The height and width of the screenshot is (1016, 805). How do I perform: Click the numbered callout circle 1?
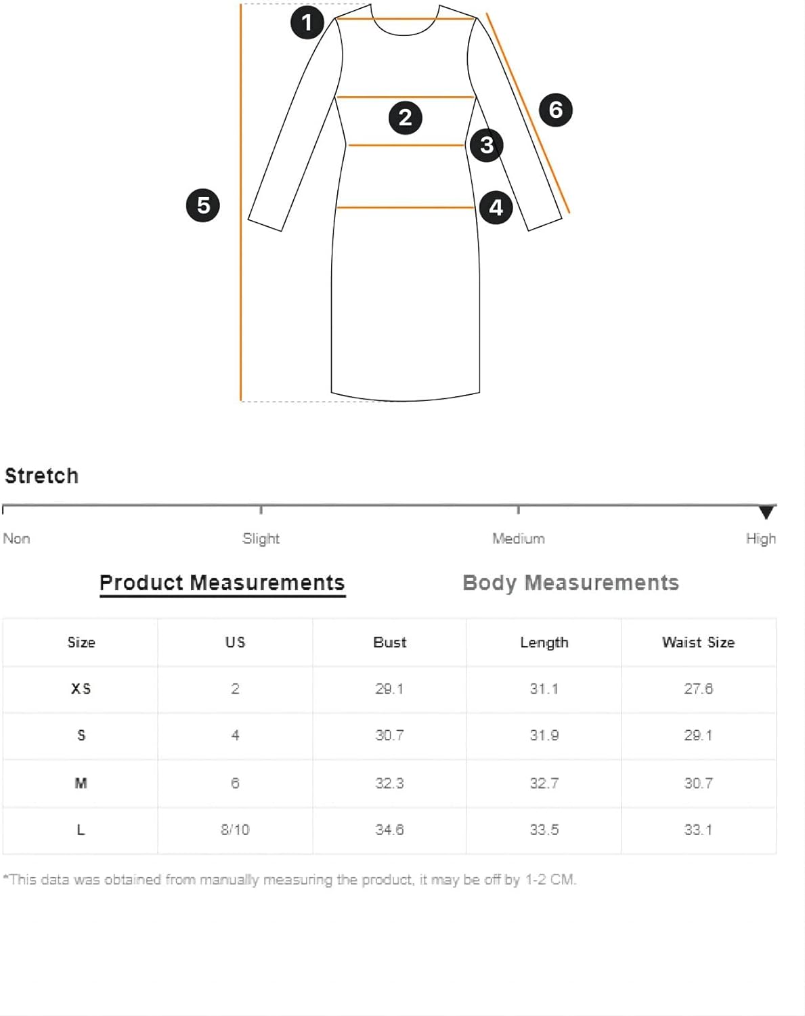click(x=307, y=22)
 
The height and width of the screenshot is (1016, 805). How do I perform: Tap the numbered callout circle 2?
click(x=406, y=118)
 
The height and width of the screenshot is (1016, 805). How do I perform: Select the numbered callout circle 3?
click(x=487, y=146)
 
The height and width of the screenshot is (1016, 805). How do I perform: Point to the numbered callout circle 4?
click(x=496, y=208)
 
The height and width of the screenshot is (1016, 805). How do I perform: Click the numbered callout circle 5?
click(x=203, y=205)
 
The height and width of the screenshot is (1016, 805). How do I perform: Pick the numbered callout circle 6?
click(x=556, y=110)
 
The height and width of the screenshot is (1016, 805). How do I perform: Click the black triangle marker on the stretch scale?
click(x=766, y=512)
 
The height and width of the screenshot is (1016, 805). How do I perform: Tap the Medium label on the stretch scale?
click(x=519, y=538)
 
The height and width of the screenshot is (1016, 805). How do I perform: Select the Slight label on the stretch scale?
click(x=261, y=539)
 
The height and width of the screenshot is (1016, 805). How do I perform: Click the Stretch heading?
click(x=41, y=476)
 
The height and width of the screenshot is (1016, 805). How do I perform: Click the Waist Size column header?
click(x=698, y=643)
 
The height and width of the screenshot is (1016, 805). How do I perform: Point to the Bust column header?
click(x=390, y=643)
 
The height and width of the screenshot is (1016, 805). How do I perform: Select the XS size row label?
click(x=81, y=689)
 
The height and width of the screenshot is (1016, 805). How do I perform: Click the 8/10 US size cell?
click(x=235, y=830)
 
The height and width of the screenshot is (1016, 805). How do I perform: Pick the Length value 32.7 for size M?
click(x=544, y=784)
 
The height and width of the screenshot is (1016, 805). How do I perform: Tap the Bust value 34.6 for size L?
click(x=389, y=830)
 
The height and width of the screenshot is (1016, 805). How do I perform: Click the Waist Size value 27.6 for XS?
click(x=698, y=689)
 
